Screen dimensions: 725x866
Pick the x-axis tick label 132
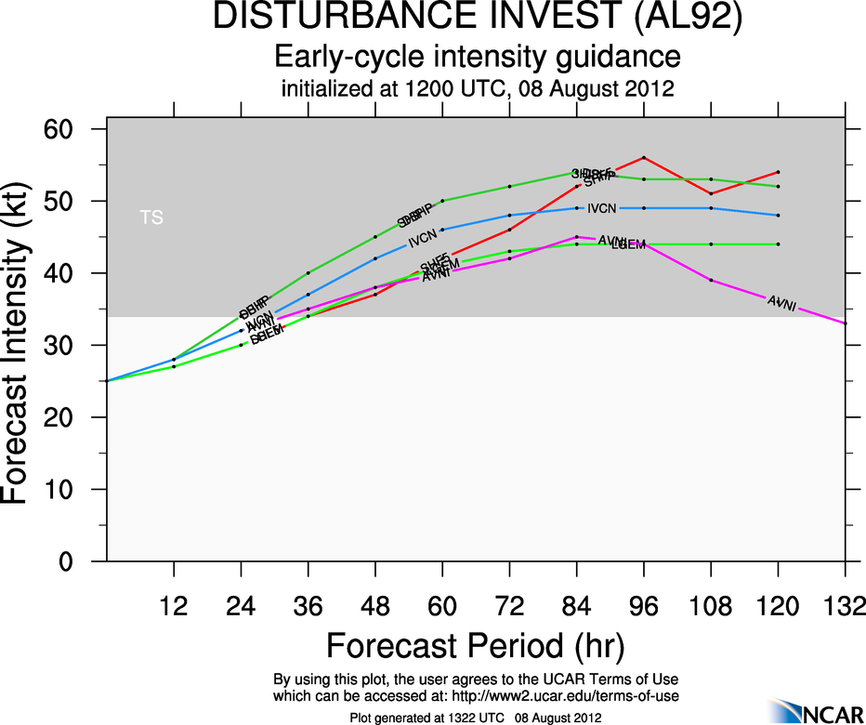tap(845, 605)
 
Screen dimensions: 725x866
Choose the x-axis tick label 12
tap(174, 605)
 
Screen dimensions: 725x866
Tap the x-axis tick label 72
tap(509, 605)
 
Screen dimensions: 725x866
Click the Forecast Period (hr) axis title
tap(475, 645)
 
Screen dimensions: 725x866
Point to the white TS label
tap(151, 217)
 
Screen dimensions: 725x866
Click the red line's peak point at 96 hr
tap(644, 157)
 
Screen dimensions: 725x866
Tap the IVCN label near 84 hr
tap(602, 208)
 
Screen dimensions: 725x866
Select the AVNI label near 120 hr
tap(781, 304)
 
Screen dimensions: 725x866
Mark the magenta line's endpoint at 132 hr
tap(845, 323)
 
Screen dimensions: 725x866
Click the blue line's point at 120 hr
tap(778, 215)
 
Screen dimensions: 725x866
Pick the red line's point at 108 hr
tap(711, 193)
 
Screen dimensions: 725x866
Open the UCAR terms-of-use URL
tap(570, 695)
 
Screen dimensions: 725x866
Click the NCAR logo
tap(814, 711)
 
